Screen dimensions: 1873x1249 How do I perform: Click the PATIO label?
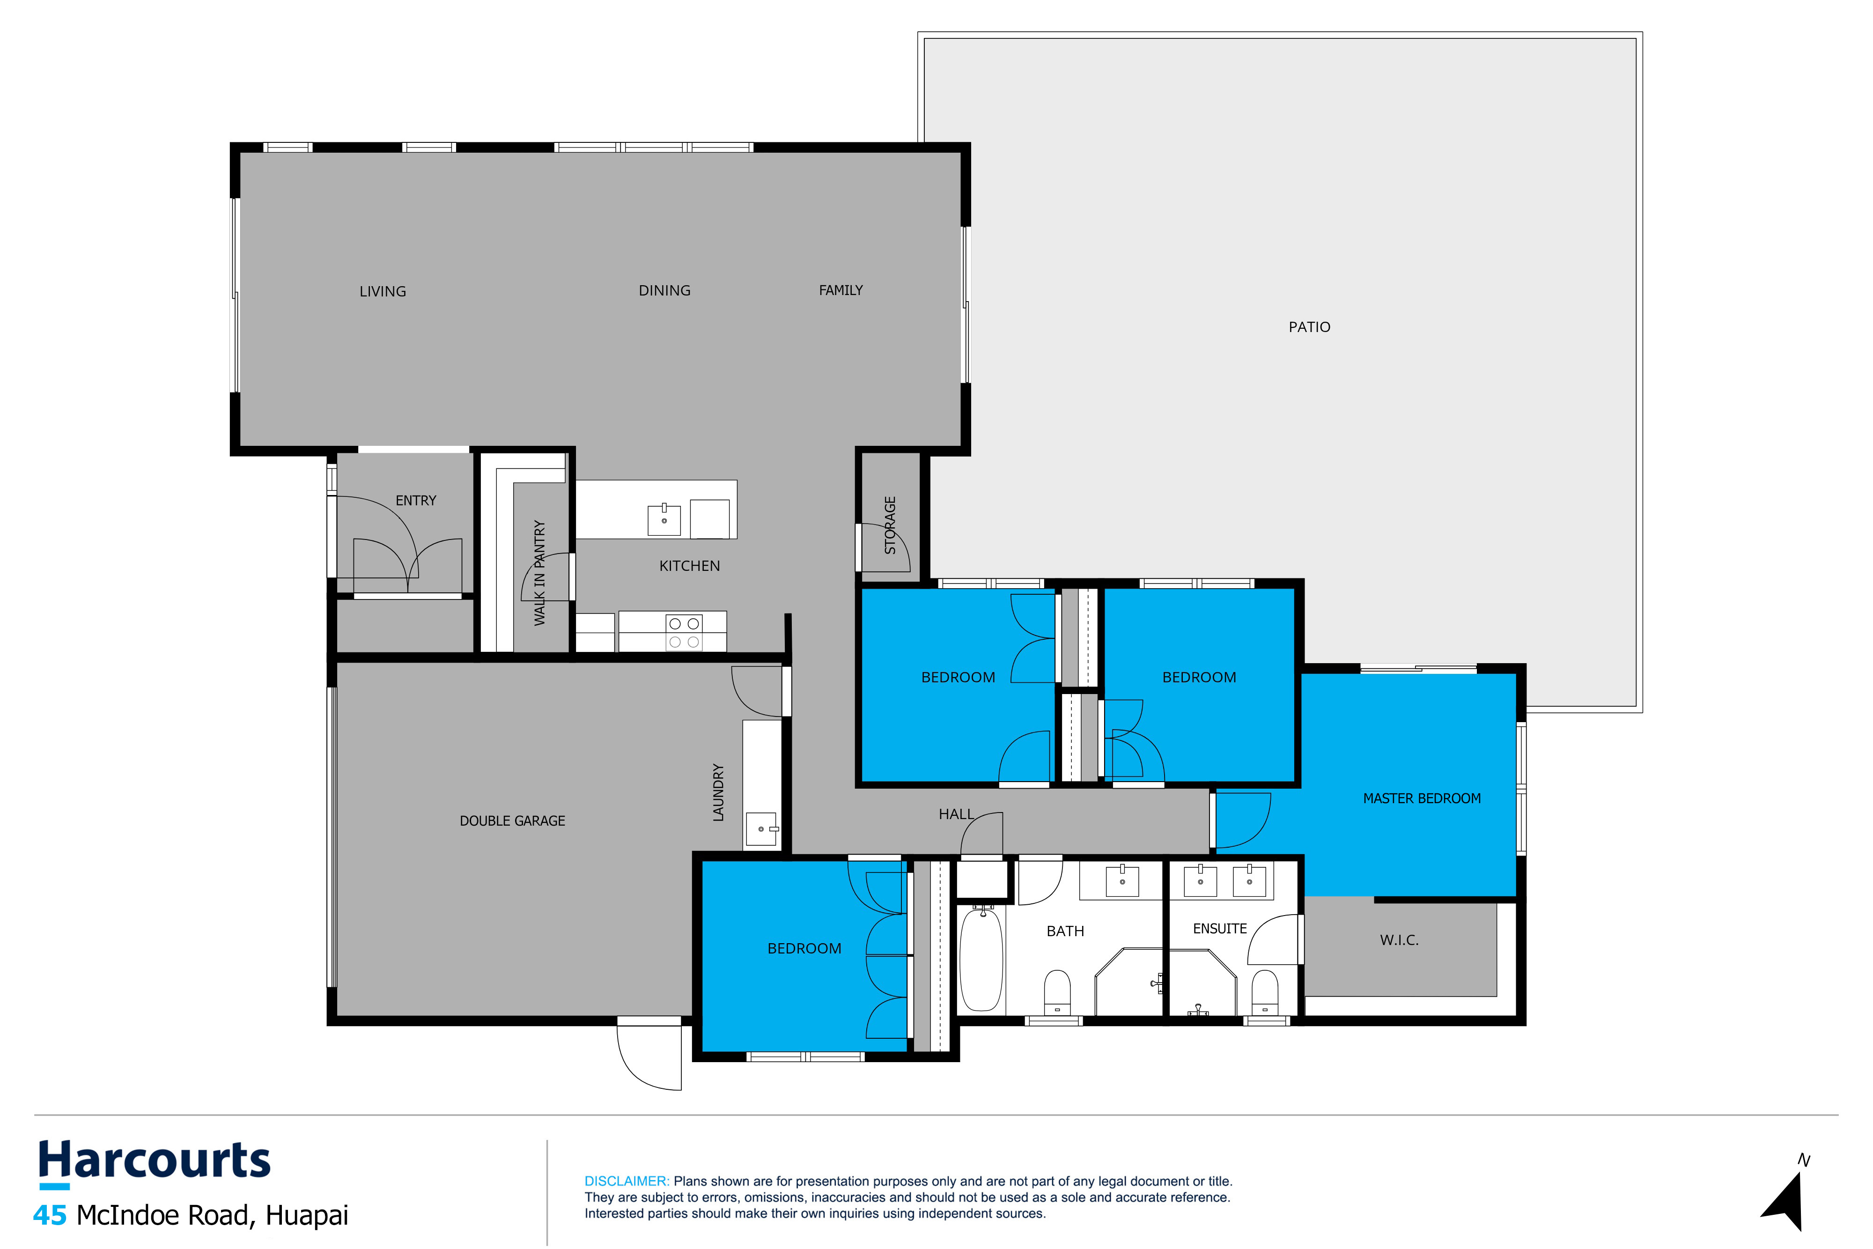pos(1309,326)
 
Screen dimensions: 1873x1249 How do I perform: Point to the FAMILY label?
pos(841,290)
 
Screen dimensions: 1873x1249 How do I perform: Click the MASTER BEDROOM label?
pos(1422,798)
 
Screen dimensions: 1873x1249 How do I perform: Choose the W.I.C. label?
pos(1399,940)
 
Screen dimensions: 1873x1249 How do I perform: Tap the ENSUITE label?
pos(1219,929)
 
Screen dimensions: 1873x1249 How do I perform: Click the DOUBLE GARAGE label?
pos(512,820)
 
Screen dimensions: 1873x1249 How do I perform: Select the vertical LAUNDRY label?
pos(718,792)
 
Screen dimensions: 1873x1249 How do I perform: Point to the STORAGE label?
pos(890,525)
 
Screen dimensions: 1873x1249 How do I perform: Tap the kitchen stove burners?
pos(684,633)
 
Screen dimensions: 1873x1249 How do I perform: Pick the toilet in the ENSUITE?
pos(1265,992)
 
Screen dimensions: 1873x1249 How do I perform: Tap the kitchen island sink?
pos(664,519)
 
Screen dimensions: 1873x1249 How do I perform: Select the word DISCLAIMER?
pos(626,1181)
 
